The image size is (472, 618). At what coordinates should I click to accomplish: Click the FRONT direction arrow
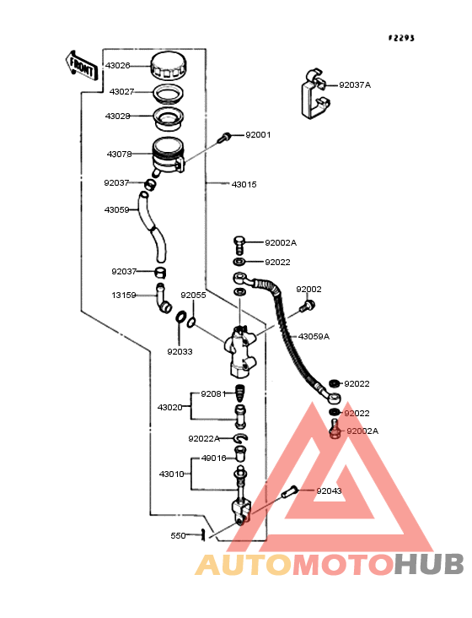(81, 66)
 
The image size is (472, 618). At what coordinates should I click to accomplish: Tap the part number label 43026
(118, 65)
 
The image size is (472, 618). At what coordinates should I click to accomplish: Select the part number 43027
(122, 91)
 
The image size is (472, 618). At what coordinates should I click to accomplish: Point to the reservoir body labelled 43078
(169, 155)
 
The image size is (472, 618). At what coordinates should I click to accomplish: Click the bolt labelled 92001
(225, 137)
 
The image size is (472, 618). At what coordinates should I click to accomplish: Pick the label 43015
(244, 184)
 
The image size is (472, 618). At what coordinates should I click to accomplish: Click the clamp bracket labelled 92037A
(316, 95)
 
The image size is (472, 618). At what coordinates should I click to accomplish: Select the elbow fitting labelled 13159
(164, 298)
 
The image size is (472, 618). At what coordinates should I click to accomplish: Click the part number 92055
(193, 295)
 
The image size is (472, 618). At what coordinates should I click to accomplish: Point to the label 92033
(180, 351)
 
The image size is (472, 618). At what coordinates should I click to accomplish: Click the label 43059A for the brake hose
(314, 337)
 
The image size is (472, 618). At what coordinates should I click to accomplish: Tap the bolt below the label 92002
(307, 306)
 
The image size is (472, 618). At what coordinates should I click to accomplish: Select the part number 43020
(170, 407)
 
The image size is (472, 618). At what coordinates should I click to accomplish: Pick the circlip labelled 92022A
(240, 438)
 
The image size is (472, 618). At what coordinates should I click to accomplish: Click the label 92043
(330, 491)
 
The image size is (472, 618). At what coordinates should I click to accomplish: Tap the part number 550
(178, 535)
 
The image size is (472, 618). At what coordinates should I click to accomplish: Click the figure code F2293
(401, 38)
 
